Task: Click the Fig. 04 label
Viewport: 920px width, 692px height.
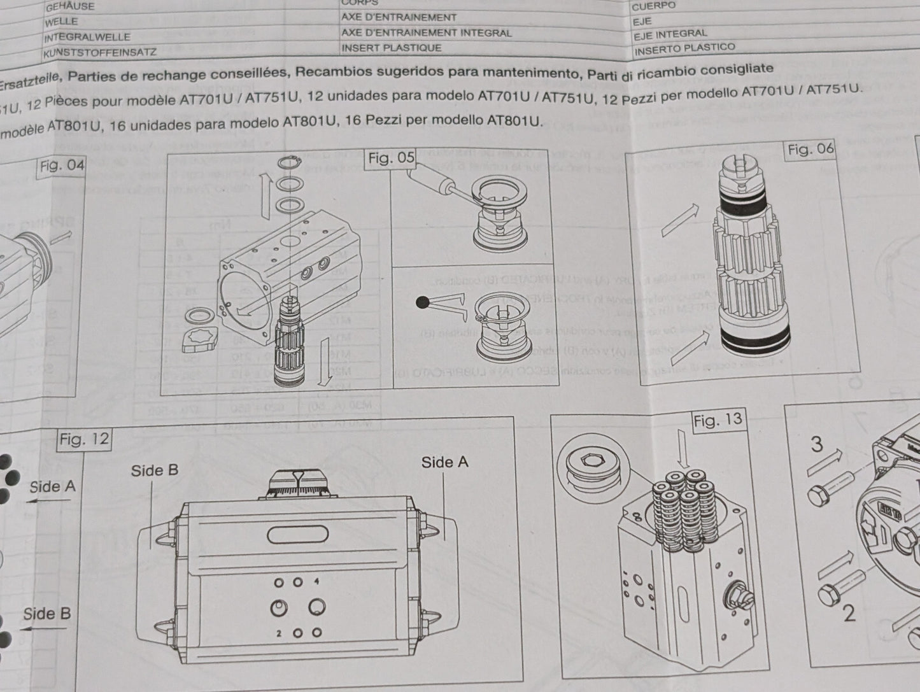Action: click(61, 167)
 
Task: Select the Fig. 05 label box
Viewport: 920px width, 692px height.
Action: click(391, 159)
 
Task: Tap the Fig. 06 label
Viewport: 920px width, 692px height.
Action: click(810, 150)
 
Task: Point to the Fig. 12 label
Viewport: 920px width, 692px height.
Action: click(84, 440)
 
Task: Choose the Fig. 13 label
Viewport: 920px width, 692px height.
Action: click(718, 420)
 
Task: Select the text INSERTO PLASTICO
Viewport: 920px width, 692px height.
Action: click(684, 48)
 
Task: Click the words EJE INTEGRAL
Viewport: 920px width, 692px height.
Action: click(670, 34)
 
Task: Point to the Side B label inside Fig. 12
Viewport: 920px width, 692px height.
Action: click(155, 470)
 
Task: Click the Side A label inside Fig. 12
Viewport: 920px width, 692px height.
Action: click(444, 462)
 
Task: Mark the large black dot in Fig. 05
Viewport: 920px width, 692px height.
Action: click(422, 303)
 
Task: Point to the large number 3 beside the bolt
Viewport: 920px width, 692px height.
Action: click(817, 444)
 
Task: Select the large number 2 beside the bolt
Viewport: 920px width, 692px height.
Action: click(849, 613)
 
